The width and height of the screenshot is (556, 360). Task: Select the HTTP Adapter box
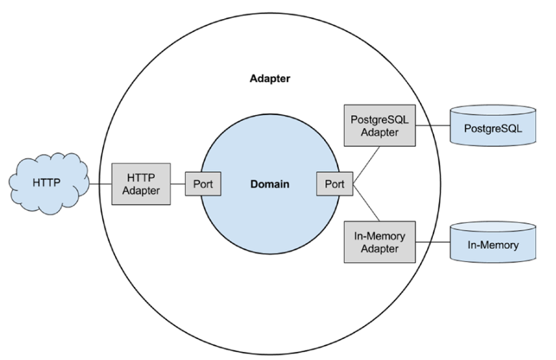(x=141, y=183)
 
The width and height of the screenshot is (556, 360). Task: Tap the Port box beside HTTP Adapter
(x=203, y=184)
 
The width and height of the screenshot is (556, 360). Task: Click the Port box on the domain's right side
(x=334, y=184)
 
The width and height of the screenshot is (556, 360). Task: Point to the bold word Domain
(x=270, y=184)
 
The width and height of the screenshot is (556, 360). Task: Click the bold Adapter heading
(x=269, y=78)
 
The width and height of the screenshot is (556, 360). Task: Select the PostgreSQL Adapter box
(x=379, y=125)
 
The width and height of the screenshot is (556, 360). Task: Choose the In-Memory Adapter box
(x=379, y=242)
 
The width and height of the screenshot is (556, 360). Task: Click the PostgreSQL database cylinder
(x=492, y=127)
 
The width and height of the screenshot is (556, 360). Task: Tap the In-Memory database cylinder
(x=492, y=244)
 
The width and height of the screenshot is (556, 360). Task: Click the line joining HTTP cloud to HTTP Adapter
(x=101, y=183)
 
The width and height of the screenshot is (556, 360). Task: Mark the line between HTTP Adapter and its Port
(x=178, y=183)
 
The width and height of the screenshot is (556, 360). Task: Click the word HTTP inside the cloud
(x=46, y=183)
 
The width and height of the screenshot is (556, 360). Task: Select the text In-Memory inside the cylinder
(x=492, y=245)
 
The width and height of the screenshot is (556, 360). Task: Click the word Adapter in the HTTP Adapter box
(x=141, y=190)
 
